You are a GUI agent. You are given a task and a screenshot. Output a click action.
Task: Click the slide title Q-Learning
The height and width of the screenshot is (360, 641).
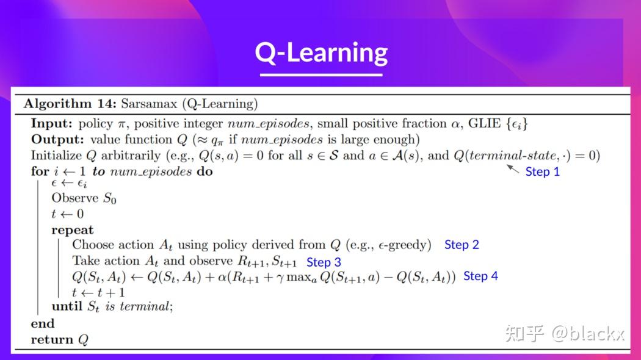[321, 52]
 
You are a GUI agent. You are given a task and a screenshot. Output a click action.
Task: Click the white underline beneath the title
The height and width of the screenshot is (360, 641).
[321, 74]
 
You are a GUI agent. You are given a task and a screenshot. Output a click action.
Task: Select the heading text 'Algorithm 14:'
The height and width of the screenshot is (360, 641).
[70, 104]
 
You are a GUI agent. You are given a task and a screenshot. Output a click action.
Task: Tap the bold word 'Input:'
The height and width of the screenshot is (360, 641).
[51, 123]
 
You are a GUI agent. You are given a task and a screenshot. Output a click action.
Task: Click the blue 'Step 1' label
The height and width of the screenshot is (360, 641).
[542, 171]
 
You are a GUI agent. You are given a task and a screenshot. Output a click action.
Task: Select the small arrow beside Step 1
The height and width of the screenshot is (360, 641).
[513, 168]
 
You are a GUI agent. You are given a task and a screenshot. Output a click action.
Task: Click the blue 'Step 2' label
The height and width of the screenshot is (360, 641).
[462, 245]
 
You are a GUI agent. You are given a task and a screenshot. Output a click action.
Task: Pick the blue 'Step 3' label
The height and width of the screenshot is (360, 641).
[324, 262]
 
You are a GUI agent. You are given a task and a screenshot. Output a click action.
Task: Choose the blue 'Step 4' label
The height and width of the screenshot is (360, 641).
[480, 276]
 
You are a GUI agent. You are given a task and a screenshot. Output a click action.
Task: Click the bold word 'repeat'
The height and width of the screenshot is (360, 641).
[72, 230]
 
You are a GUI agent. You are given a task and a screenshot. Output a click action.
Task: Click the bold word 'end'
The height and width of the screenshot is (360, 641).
[43, 323]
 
